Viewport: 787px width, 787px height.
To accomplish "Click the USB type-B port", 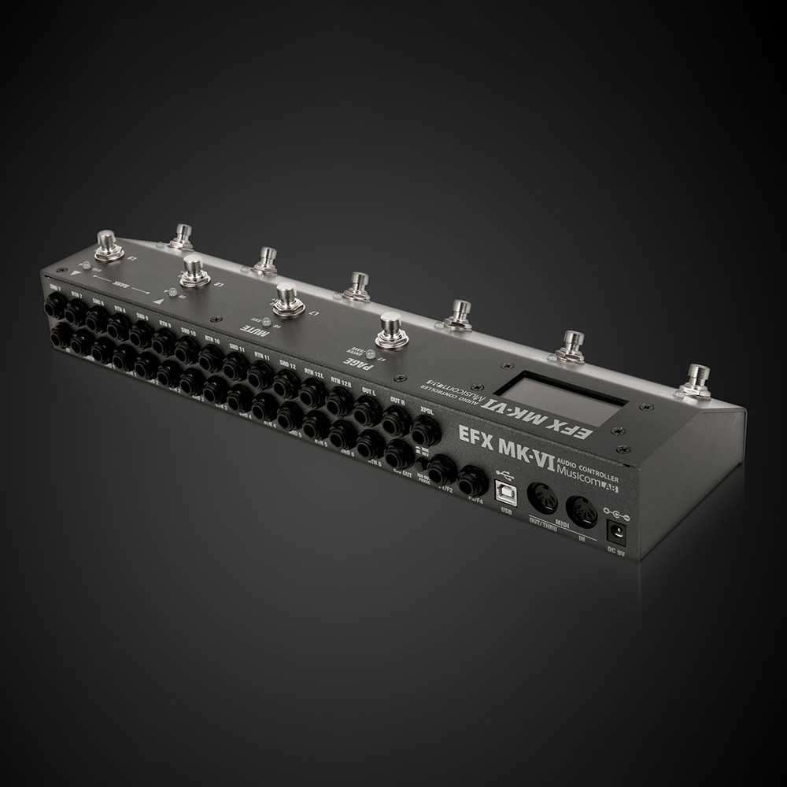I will (504, 492).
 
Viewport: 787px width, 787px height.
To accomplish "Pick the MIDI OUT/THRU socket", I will (543, 497).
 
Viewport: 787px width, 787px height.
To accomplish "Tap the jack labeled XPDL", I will (427, 430).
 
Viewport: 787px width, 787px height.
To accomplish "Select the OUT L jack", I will (367, 410).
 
